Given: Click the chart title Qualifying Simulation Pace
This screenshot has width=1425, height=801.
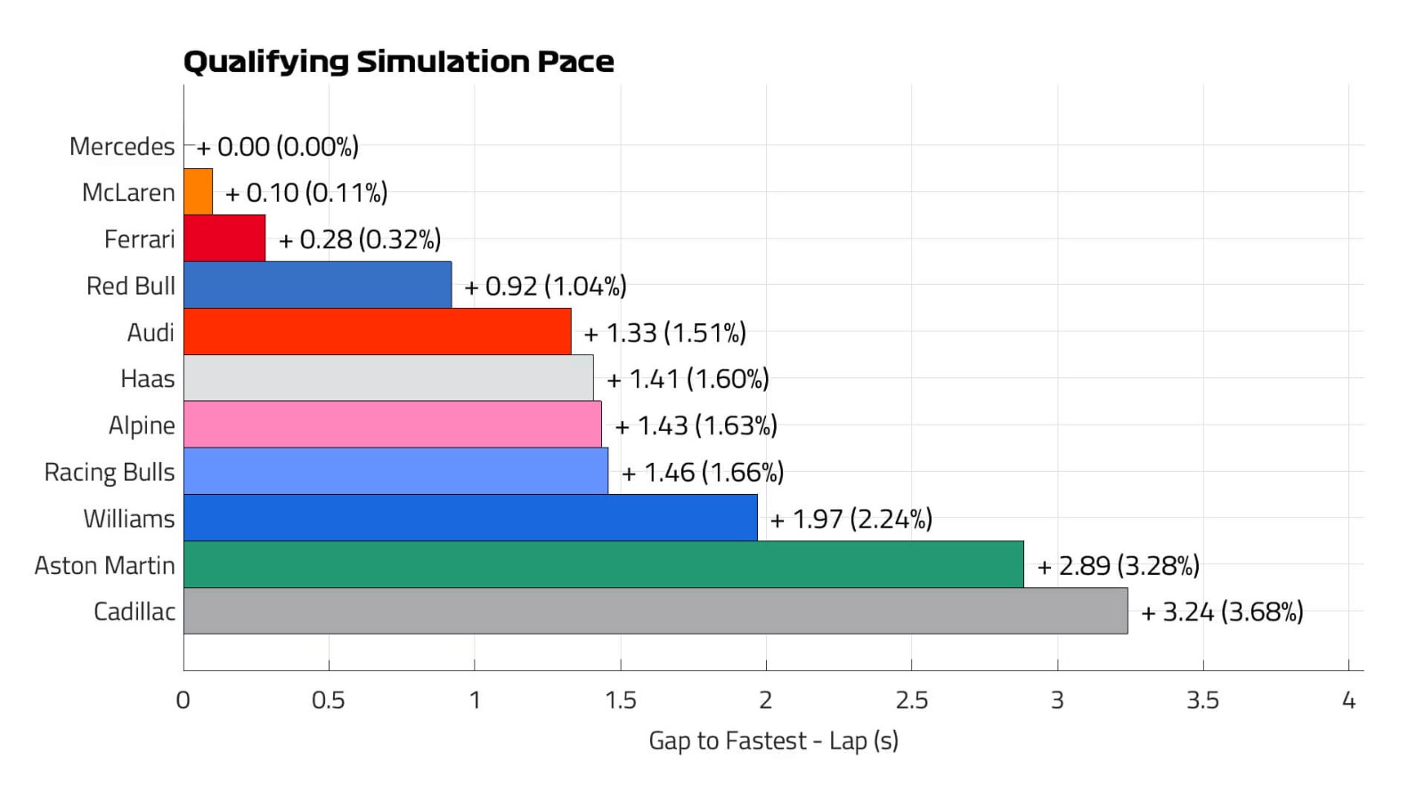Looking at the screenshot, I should (x=398, y=61).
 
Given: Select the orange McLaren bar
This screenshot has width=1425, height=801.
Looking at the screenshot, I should (x=198, y=191).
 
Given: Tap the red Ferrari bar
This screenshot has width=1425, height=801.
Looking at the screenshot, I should (x=224, y=239).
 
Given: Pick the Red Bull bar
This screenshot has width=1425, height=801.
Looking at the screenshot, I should (x=317, y=285).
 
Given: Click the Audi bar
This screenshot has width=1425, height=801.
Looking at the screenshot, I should (x=377, y=332).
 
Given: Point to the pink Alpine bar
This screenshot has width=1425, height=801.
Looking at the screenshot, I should (x=392, y=425).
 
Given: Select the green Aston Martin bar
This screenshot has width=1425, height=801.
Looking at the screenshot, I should (x=603, y=564).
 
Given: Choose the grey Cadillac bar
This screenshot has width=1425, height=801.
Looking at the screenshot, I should (x=655, y=611).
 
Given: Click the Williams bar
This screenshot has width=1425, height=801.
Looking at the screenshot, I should (x=470, y=518).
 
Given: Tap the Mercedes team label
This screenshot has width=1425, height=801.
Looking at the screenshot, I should (x=122, y=146).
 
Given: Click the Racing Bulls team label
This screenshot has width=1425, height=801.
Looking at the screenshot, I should (x=110, y=472).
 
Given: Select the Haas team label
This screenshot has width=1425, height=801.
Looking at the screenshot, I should (x=148, y=378).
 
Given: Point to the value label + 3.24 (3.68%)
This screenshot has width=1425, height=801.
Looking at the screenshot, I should (x=1222, y=612).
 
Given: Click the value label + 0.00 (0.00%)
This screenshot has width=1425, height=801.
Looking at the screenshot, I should (x=277, y=146).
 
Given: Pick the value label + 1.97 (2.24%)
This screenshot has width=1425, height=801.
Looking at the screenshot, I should (x=851, y=519).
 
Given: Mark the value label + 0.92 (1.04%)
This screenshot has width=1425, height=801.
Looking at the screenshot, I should (x=545, y=286).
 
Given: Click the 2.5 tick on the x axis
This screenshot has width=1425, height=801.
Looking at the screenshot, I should (x=911, y=700).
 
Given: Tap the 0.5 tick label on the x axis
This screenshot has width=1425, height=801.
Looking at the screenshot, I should (x=329, y=700).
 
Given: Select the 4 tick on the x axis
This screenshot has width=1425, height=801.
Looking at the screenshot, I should (x=1348, y=700).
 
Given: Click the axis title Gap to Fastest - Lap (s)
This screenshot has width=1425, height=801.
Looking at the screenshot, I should (x=773, y=740).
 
